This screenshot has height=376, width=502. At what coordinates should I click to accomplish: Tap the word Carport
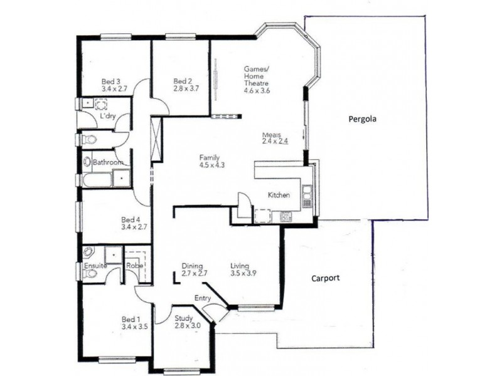point(326,278)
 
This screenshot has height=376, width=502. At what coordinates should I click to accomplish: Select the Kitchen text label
point(279,195)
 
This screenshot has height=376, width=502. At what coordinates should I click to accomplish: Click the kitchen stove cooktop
point(286,217)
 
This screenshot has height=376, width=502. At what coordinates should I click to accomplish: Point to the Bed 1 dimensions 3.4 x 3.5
point(134,326)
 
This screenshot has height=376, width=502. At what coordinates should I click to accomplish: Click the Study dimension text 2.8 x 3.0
point(186,326)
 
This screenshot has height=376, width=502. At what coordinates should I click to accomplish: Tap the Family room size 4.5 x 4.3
point(211,165)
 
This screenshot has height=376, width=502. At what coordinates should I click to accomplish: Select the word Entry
point(203,298)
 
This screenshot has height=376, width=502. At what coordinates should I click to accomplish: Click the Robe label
point(134,266)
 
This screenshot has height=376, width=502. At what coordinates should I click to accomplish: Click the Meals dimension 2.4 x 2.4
point(275,142)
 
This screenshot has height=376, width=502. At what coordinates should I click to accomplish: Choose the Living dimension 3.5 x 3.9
point(243,273)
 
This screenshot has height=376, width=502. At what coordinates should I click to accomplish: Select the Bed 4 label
point(131,219)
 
